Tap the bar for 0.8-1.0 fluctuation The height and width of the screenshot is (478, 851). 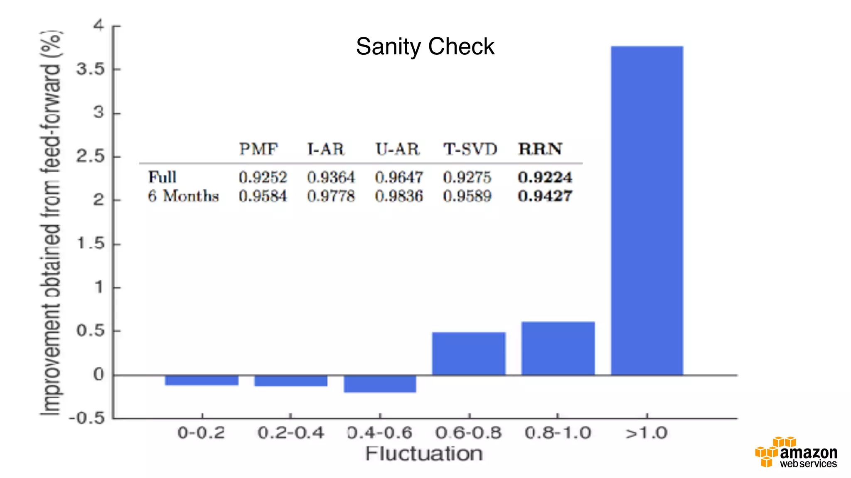pos(558,348)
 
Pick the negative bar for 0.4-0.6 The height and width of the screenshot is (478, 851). pos(380,384)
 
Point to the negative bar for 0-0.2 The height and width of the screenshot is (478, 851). pos(202,380)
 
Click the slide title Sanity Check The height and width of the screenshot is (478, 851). pos(425,46)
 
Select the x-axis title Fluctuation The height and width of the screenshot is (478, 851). pos(424,454)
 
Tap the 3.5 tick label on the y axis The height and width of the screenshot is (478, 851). pos(90,69)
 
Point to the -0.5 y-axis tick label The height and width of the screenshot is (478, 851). pos(87,417)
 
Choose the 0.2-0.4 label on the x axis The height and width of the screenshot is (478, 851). pos(290,433)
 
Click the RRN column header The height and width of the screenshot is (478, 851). pos(540,149)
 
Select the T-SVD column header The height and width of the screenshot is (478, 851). pos(470,149)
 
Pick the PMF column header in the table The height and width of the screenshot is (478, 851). pos(258,149)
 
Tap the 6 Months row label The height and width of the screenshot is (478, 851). pos(183,196)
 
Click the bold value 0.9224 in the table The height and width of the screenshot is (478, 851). pos(545,177)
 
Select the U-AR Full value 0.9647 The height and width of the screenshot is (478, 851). pos(398,178)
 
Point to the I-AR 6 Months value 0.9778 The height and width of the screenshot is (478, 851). pos(331,196)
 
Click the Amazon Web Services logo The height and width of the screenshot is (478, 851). pos(796,453)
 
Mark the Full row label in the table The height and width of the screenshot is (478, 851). pos(162,177)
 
